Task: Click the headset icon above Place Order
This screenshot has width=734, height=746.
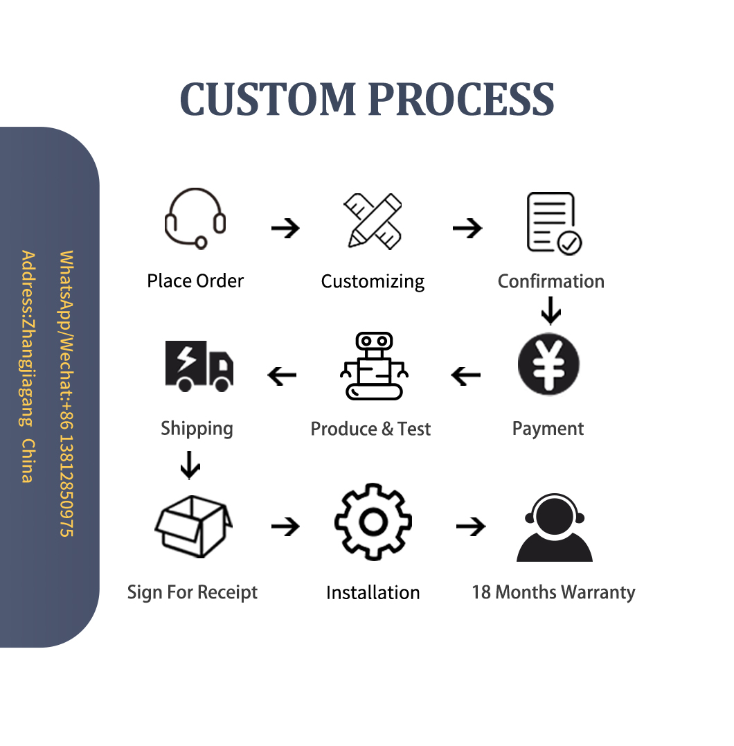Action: [195, 219]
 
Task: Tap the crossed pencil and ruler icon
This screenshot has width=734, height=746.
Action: [373, 221]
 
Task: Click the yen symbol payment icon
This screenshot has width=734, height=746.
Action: [548, 365]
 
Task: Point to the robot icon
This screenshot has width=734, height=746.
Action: [374, 366]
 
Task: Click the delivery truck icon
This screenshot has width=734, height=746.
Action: [199, 366]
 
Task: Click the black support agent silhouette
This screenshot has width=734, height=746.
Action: [555, 528]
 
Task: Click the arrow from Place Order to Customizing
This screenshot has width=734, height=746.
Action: [285, 228]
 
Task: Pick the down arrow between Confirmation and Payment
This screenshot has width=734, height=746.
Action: [550, 310]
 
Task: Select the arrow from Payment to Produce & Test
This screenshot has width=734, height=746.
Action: [465, 376]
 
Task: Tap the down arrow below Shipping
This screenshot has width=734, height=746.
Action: [189, 465]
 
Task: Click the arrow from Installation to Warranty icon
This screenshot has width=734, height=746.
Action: [471, 527]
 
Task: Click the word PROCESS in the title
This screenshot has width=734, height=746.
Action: [460, 99]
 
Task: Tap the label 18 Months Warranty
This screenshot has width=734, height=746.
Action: [553, 592]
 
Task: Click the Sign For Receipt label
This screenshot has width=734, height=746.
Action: [193, 593]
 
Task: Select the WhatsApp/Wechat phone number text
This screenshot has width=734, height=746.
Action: [66, 393]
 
